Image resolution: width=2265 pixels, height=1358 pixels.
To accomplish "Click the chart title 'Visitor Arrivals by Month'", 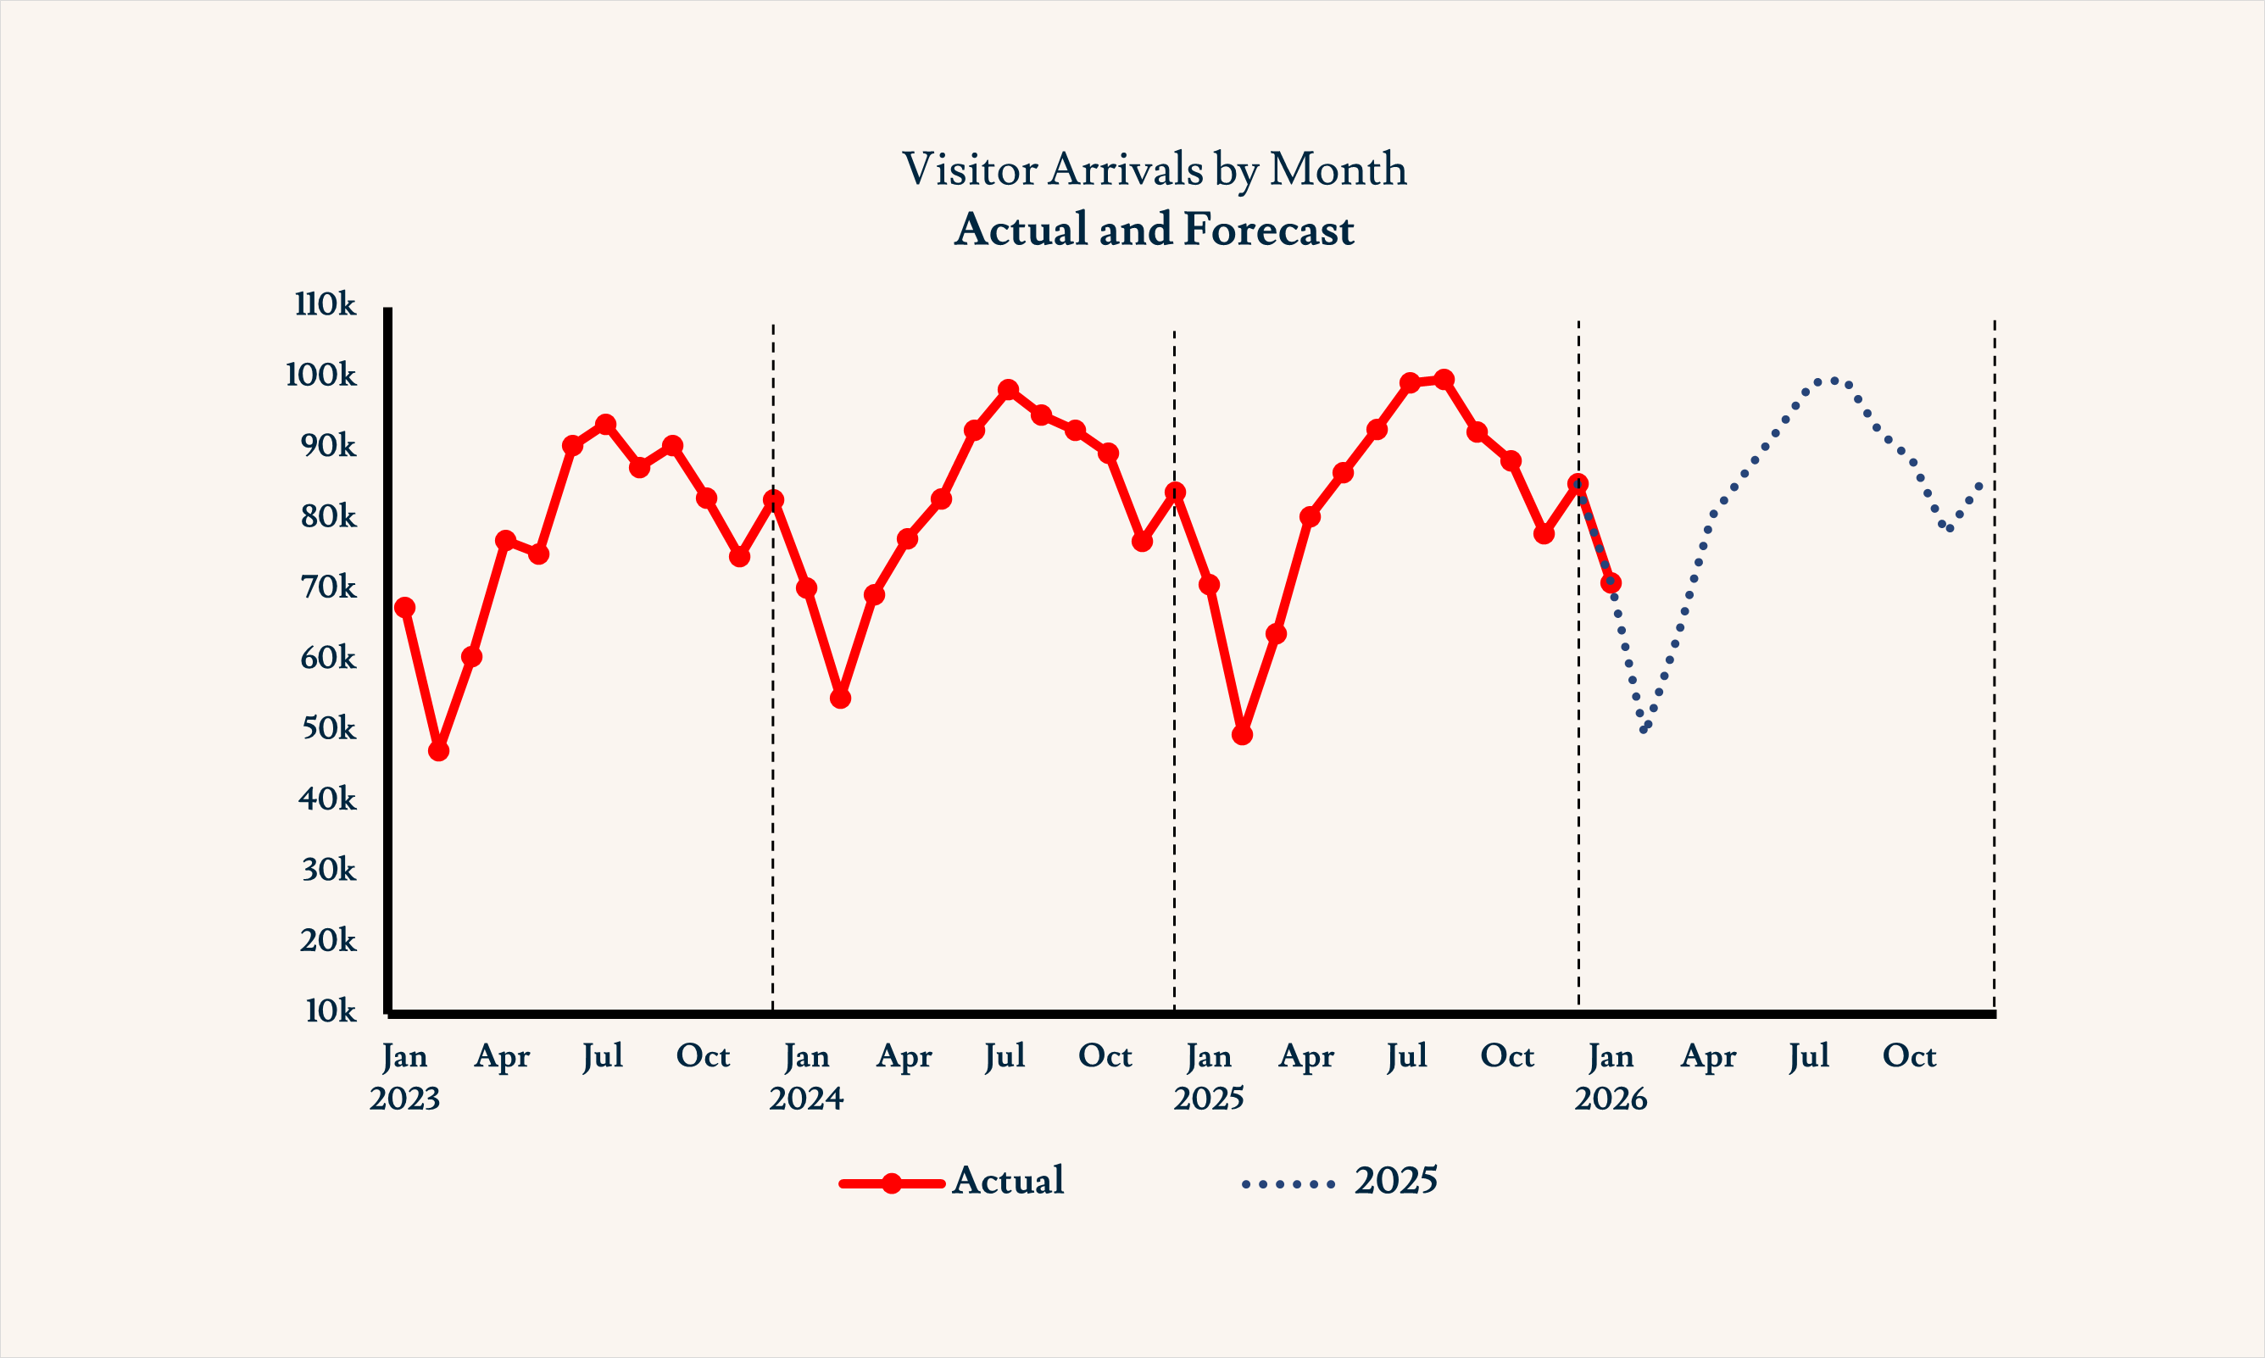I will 1154,170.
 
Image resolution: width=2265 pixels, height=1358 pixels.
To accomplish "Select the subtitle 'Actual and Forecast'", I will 1154,229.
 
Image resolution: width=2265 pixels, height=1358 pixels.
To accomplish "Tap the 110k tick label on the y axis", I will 325,303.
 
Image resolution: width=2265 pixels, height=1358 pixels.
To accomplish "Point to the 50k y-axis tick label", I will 328,728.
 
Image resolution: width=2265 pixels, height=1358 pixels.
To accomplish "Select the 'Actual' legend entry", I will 951,1182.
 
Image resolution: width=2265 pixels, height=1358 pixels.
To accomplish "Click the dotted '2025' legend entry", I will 1339,1182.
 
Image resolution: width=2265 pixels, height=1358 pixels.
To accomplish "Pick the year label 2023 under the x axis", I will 404,1099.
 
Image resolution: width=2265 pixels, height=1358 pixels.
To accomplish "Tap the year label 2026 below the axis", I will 1610,1099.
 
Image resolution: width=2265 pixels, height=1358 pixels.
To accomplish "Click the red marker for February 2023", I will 438,750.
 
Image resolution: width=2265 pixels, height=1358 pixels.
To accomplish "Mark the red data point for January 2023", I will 404,608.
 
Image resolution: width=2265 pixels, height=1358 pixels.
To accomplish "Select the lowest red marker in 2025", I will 1241,735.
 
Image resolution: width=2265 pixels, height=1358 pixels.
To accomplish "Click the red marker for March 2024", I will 874,595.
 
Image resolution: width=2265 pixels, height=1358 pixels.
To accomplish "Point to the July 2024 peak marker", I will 1008,390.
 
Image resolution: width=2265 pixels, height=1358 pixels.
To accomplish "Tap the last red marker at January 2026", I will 1611,583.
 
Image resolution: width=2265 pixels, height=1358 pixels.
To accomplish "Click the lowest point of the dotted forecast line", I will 1644,729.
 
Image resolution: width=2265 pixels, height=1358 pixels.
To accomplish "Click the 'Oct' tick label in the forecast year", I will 1909,1057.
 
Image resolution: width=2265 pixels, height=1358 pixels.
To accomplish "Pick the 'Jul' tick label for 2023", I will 603,1057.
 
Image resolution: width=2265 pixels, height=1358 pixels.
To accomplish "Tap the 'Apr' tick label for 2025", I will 1306,1057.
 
